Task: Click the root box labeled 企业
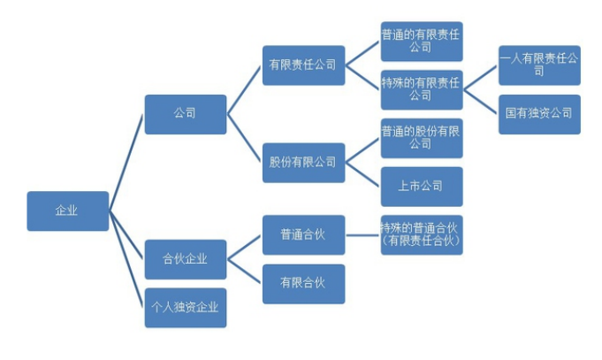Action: click(x=67, y=211)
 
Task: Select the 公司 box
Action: click(x=185, y=114)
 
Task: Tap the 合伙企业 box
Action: click(x=185, y=259)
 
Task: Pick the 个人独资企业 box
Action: click(x=185, y=308)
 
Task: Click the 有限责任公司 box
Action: click(x=303, y=65)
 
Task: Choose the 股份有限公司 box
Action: click(x=303, y=163)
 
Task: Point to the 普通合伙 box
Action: click(x=303, y=235)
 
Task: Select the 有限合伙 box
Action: click(x=303, y=284)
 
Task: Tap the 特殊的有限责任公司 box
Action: click(x=422, y=89)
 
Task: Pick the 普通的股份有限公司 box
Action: click(x=422, y=138)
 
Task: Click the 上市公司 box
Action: click(x=422, y=187)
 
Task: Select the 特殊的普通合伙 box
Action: click(x=422, y=235)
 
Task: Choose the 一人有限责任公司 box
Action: click(x=539, y=65)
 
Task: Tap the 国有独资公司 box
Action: click(x=539, y=114)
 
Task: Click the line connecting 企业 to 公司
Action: click(x=126, y=163)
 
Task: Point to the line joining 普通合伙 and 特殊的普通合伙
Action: click(x=362, y=235)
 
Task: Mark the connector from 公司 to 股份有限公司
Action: click(x=244, y=138)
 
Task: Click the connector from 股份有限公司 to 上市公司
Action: click(x=362, y=174)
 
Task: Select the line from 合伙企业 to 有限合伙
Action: click(x=244, y=272)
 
